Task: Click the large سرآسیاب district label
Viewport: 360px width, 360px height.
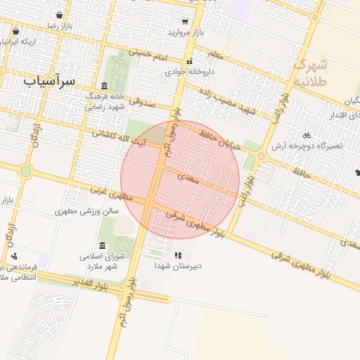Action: click(49, 81)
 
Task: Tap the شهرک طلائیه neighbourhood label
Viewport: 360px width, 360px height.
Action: click(310, 72)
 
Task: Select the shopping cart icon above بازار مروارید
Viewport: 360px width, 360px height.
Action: click(185, 22)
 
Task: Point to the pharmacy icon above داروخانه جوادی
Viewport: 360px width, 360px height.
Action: click(189, 60)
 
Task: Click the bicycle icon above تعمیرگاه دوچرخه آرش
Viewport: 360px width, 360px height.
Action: click(306, 134)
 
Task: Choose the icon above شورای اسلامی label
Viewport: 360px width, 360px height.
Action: click(103, 245)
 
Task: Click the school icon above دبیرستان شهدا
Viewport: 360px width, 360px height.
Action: click(178, 255)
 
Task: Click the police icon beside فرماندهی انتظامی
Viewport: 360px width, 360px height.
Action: click(14, 256)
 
